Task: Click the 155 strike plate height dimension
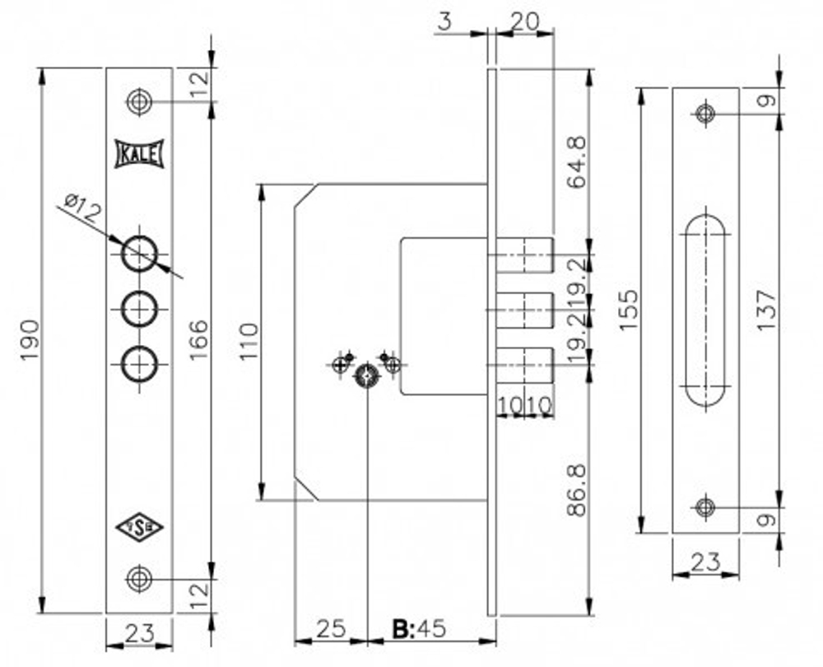coord(628,310)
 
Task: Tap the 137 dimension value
coord(765,310)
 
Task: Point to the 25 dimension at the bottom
coord(330,630)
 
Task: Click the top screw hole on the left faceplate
coord(138,102)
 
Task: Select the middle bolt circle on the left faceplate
coord(138,310)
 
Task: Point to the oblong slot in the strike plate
coord(705,310)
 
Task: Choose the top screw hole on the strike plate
coord(705,114)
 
